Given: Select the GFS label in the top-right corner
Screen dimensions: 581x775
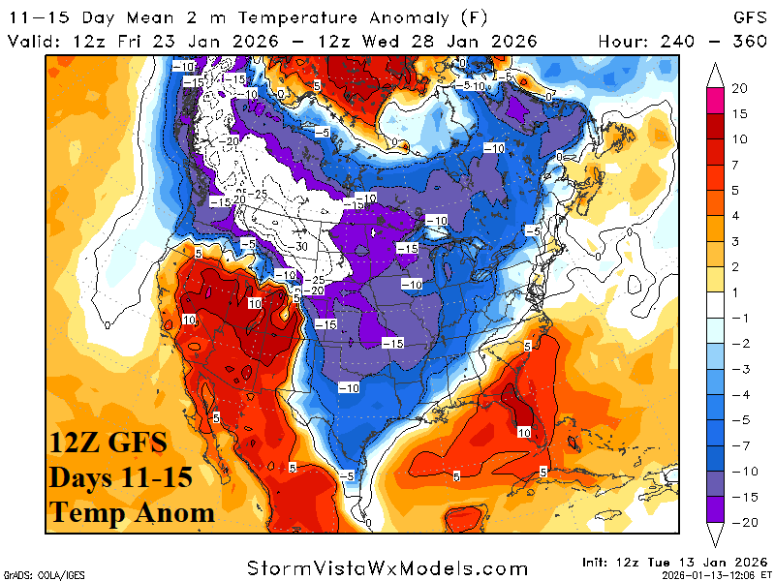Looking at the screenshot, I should click(746, 17).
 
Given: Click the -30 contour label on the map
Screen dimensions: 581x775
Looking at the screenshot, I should click(301, 246).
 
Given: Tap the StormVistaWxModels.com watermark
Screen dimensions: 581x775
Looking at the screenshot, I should click(387, 567).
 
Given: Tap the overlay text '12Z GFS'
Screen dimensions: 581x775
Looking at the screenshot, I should click(108, 444).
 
